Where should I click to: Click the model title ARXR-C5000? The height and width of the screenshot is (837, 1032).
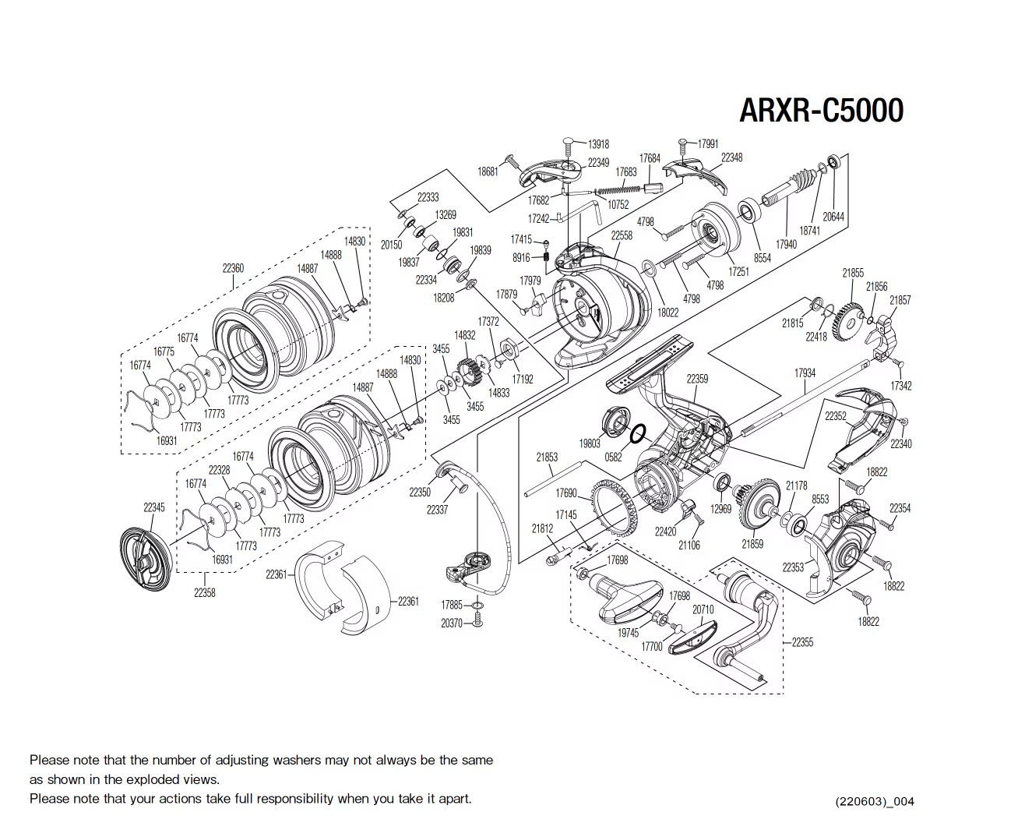click(x=821, y=111)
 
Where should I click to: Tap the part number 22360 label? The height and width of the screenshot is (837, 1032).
click(x=233, y=268)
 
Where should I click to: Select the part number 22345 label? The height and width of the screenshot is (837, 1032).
click(x=154, y=507)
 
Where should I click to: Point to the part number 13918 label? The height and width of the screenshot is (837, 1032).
click(x=598, y=144)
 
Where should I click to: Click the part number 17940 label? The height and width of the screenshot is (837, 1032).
click(x=786, y=244)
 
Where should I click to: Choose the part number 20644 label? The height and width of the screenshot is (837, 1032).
click(x=833, y=217)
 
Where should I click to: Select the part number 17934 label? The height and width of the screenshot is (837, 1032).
click(x=805, y=373)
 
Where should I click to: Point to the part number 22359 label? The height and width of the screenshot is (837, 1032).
click(x=697, y=379)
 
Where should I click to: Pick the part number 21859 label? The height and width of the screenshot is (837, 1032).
click(x=752, y=544)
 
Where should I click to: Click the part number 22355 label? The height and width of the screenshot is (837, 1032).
click(x=802, y=642)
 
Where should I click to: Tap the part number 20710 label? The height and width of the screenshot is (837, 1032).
click(x=703, y=609)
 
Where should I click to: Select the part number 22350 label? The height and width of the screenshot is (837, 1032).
click(x=420, y=493)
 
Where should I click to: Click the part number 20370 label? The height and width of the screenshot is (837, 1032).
click(x=452, y=623)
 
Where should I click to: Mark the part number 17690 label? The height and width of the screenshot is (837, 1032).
click(x=566, y=493)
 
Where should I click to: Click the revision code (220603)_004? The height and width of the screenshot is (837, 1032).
click(x=874, y=801)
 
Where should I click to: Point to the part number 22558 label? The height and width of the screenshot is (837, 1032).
click(x=622, y=235)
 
